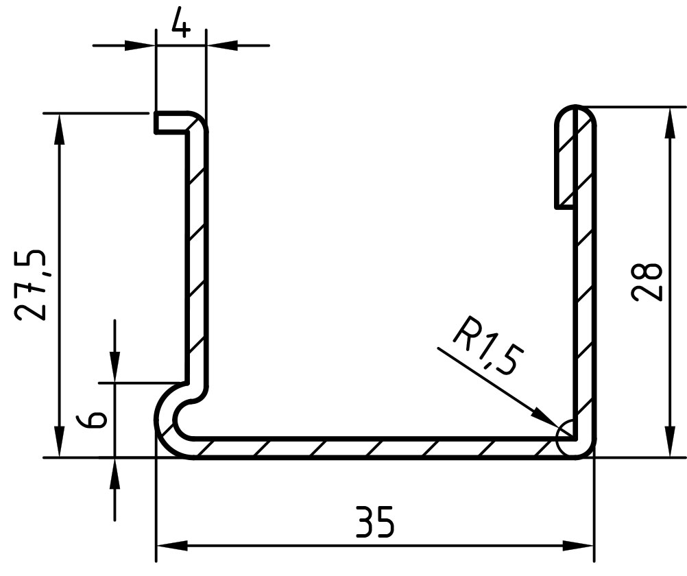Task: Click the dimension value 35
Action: coord(375,522)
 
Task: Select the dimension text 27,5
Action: coord(30,285)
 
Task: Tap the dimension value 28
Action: coord(647,281)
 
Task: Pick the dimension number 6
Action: coord(92,419)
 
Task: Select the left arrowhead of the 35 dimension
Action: coord(171,546)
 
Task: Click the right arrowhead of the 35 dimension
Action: coord(578,546)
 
